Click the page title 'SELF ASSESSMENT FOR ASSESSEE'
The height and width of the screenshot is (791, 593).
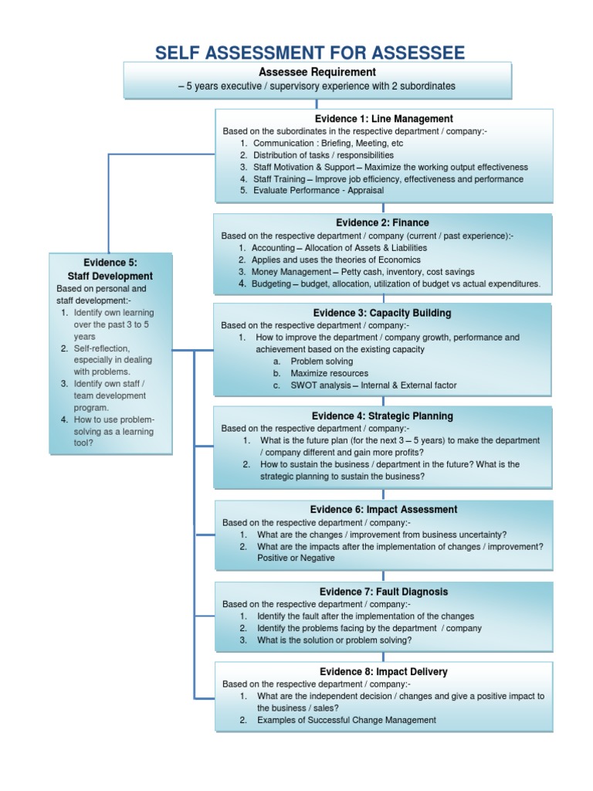click(310, 53)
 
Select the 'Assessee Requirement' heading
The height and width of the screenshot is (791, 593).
click(317, 72)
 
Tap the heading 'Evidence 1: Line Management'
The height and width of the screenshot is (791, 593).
click(384, 118)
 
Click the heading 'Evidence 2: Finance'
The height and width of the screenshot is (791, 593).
click(382, 222)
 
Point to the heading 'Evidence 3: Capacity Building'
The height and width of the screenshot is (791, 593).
click(382, 313)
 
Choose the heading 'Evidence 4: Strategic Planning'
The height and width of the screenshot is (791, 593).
click(382, 416)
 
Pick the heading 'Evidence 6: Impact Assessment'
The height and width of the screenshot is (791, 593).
click(384, 509)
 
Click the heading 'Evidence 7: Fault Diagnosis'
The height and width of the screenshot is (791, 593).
click(384, 592)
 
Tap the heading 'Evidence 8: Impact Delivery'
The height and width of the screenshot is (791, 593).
click(384, 671)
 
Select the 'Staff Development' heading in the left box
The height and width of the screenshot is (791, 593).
click(110, 276)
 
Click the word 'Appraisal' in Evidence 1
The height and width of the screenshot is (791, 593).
click(362, 190)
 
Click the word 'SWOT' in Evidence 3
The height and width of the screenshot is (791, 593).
click(302, 385)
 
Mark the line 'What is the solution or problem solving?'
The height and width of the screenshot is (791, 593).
click(334, 640)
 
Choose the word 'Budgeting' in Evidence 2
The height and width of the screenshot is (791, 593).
click(273, 284)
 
